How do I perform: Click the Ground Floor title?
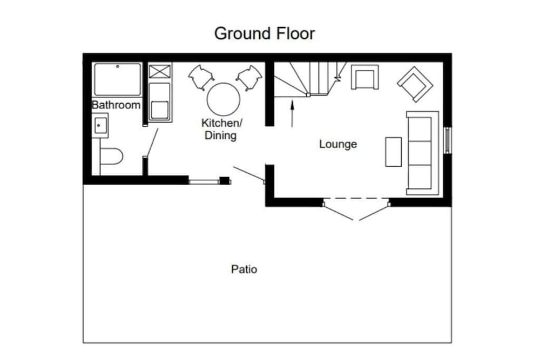point(265,33)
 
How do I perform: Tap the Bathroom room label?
point(116,105)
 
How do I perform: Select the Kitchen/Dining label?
point(221,129)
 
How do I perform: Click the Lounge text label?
point(338,144)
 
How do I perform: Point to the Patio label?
point(244,269)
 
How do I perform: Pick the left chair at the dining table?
point(200,77)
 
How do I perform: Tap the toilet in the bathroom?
point(111,157)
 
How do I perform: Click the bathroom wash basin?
point(100,126)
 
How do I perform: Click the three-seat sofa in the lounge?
point(422,152)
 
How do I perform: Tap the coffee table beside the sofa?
point(393,152)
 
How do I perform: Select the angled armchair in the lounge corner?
point(415,84)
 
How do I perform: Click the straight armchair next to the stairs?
point(365,77)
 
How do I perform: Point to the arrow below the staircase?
point(292,113)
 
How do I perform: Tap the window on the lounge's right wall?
point(447,140)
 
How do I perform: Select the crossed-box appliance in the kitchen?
point(160,71)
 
